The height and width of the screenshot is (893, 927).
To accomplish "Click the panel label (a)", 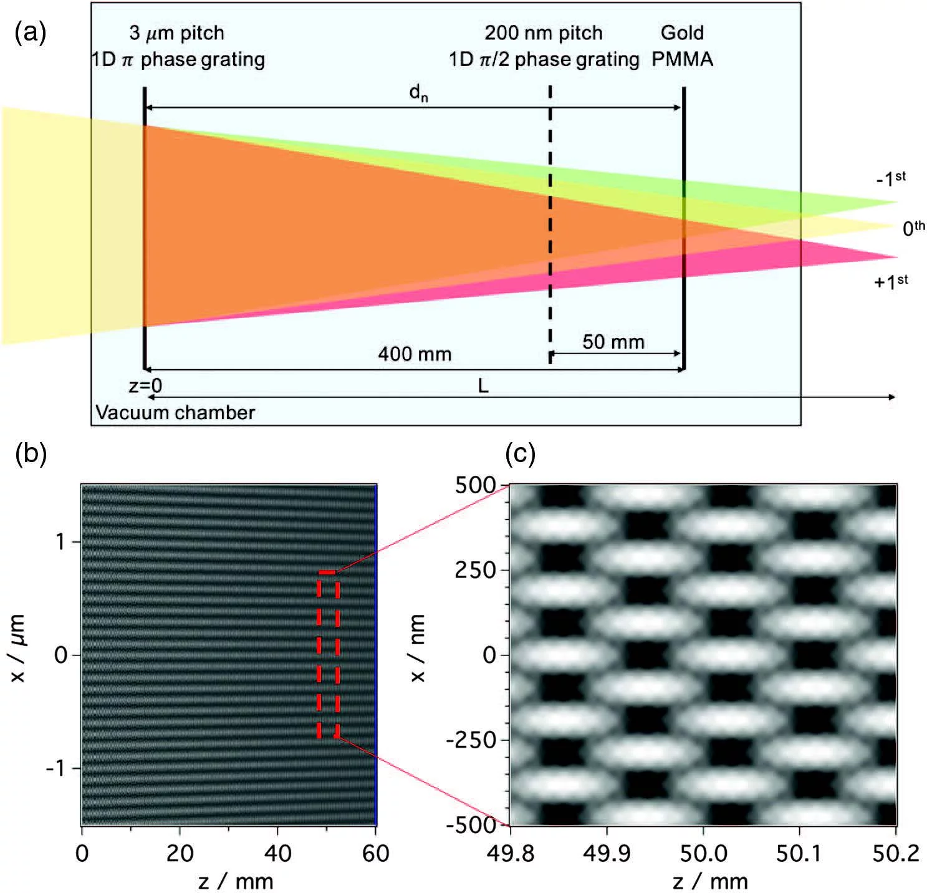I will point(30,32).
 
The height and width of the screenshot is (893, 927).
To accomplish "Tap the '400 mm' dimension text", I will point(415,354).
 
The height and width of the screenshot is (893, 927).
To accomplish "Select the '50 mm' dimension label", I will point(613,342).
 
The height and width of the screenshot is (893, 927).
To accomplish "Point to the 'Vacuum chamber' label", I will point(175,413).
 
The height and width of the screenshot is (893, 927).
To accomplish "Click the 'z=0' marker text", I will point(145,387).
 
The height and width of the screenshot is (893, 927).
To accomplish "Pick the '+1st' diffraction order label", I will point(890,281).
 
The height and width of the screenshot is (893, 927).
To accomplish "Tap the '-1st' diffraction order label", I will point(890,179).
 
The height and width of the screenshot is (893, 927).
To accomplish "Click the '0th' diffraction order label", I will point(913,228).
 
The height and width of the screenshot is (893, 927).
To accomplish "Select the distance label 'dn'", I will point(418,94).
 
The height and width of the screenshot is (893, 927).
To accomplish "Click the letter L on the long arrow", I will point(483,387).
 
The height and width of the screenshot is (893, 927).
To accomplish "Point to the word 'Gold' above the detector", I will point(682,32).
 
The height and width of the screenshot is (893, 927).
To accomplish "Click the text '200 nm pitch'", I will point(544,32).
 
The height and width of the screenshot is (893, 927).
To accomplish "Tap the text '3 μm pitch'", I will point(176,32).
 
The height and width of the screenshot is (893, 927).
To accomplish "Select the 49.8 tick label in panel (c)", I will point(511,852).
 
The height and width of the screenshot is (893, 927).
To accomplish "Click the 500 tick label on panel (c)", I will point(475,485).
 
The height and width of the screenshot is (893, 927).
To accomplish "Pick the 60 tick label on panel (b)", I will point(375,852).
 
